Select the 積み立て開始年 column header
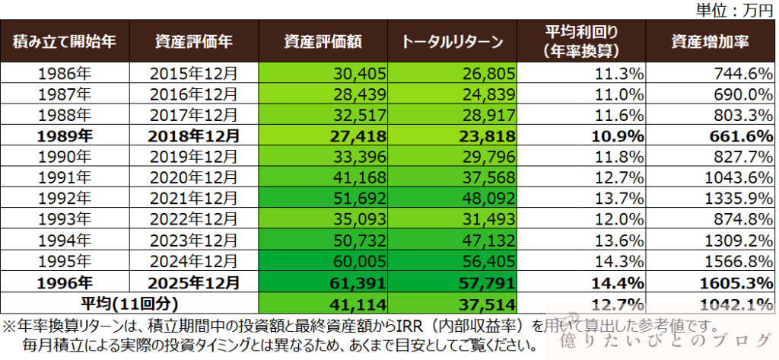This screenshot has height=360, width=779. coord(65,41)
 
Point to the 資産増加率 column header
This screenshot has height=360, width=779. coord(711,41)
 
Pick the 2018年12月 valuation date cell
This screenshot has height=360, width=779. coord(194,137)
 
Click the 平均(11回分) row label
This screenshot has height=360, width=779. coord(129,303)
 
